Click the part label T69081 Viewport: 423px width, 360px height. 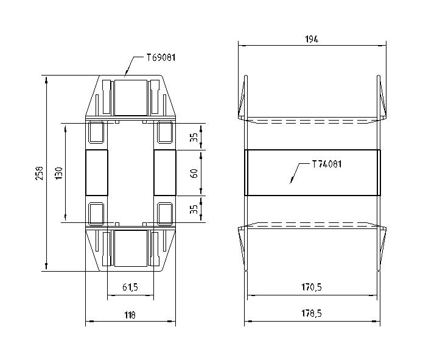coord(161,58)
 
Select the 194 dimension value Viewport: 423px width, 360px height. coord(312,39)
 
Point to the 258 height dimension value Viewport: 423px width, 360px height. coord(40,173)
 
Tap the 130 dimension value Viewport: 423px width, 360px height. coord(58,174)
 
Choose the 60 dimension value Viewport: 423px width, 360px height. coord(194,174)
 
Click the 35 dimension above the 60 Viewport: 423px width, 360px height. coord(194,137)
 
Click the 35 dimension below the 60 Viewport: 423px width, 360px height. coord(194,210)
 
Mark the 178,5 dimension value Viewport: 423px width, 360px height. coord(312,314)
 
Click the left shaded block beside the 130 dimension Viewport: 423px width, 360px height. coord(96,173)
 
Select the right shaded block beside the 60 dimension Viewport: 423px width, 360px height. coord(164,173)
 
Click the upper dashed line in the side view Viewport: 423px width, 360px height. coord(312,122)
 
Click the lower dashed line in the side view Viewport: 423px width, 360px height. coord(312,224)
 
